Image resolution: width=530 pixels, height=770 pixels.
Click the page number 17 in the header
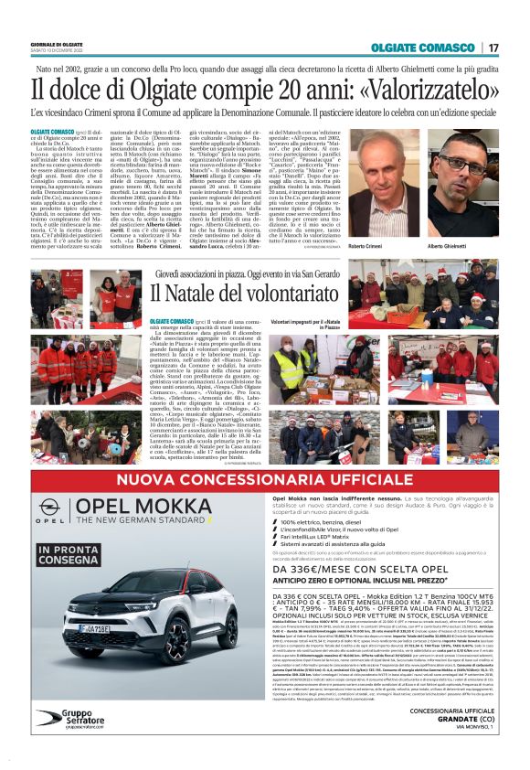pos(493,47)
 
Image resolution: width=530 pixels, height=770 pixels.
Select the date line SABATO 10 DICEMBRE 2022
pos(57,49)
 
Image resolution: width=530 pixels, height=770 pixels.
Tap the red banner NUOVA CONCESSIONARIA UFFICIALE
pos(264,479)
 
